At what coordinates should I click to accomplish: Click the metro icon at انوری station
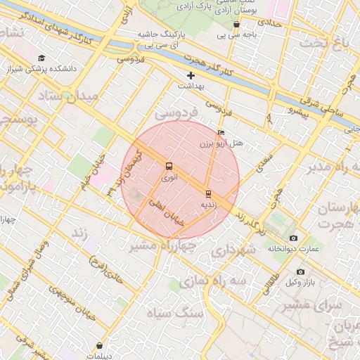(169, 167)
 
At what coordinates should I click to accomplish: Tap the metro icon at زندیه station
(208, 193)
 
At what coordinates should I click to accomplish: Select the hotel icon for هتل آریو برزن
(221, 132)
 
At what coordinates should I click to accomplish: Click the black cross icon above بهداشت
(191, 75)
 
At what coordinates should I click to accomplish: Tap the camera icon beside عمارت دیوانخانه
(293, 238)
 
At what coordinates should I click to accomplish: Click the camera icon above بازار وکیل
(301, 272)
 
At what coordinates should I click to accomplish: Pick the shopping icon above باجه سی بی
(236, 24)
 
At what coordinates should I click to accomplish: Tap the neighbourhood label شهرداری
(235, 250)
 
